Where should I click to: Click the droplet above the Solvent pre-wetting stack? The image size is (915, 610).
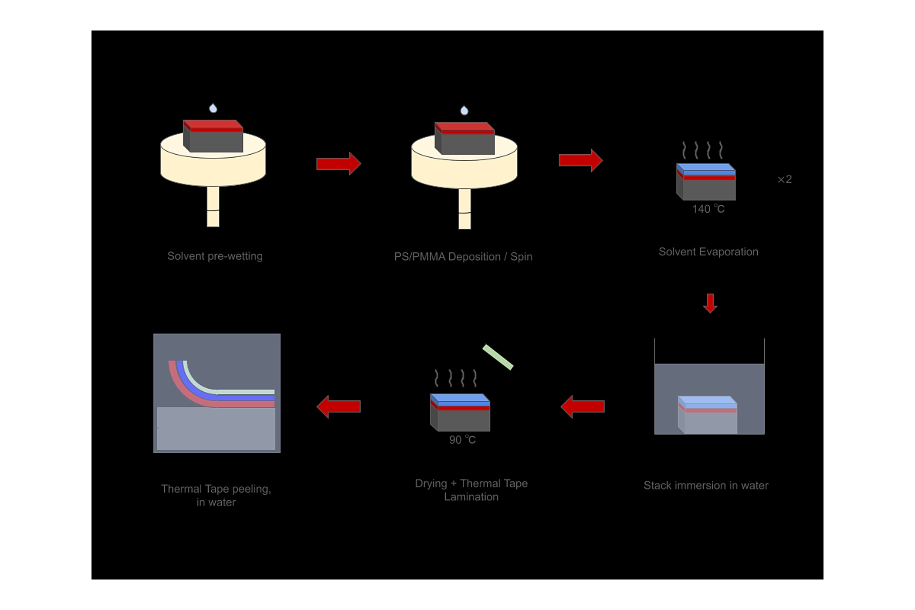click(213, 108)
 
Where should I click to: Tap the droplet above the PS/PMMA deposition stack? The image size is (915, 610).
click(464, 110)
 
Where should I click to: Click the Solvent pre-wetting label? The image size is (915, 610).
click(215, 256)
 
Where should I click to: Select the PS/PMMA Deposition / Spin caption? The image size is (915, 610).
click(463, 257)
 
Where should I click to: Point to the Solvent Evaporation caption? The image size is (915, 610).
click(708, 252)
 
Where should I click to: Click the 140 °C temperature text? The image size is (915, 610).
click(708, 209)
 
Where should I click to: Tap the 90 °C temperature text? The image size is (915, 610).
click(462, 440)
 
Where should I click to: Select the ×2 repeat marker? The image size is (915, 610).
click(785, 180)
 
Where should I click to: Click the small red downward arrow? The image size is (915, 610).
click(710, 303)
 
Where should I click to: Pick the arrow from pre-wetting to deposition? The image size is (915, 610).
click(339, 164)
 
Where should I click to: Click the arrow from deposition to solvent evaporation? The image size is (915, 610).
click(581, 160)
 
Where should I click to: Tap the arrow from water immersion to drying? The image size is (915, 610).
click(583, 407)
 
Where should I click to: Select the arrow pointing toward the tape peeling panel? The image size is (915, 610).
click(339, 407)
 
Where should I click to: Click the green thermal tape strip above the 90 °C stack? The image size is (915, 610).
click(498, 357)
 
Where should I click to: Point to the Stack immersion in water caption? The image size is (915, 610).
click(706, 485)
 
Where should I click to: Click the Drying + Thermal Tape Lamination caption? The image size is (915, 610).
click(471, 490)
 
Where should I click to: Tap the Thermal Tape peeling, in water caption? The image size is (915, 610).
click(216, 495)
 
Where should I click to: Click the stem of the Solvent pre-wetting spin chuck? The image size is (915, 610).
click(213, 207)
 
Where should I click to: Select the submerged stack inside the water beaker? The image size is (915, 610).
click(708, 415)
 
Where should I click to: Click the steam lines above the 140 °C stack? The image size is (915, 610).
click(702, 150)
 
